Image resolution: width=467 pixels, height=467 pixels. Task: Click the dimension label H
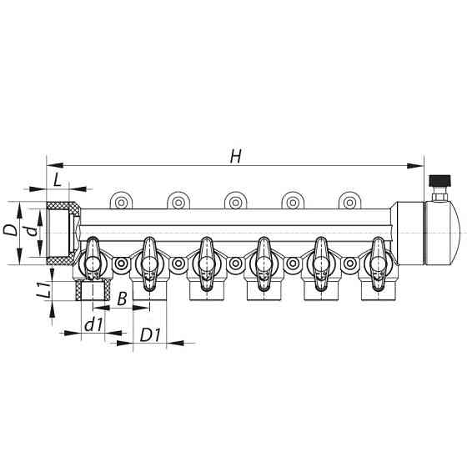click(236, 155)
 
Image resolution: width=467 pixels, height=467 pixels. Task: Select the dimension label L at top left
click(56, 179)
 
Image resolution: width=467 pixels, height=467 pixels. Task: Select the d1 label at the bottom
click(93, 326)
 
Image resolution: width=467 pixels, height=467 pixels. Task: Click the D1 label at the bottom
click(150, 336)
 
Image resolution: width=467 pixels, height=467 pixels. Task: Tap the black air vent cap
click(438, 180)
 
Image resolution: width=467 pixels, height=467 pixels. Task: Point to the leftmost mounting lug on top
click(122, 201)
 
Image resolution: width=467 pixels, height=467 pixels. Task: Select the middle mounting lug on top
click(236, 201)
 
